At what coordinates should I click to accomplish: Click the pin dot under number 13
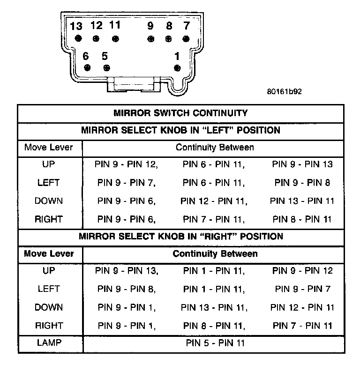[78, 39]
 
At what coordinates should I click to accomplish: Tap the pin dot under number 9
[150, 39]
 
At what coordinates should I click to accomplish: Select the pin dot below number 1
[177, 68]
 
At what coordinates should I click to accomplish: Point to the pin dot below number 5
[106, 68]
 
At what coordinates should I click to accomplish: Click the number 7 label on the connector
[187, 25]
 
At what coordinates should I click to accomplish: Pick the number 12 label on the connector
[97, 25]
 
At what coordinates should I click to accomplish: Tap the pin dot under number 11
[115, 39]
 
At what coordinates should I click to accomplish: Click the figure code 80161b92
[284, 92]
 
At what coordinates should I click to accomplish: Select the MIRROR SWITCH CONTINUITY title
[180, 113]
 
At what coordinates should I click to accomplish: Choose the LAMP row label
[49, 343]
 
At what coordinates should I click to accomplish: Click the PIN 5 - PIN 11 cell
[215, 343]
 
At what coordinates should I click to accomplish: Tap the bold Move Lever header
[49, 253]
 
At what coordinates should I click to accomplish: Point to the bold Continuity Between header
[215, 254]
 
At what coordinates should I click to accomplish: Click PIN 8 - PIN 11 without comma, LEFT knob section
[303, 219]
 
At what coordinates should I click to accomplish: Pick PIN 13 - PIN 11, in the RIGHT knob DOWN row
[214, 307]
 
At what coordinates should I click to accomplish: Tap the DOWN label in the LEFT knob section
[49, 201]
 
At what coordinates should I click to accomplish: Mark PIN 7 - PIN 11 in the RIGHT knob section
[303, 325]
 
